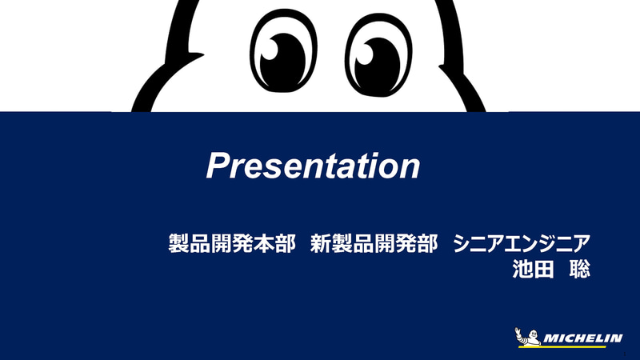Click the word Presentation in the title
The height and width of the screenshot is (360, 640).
coord(313,166)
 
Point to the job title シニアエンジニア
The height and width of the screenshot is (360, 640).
coord(522,243)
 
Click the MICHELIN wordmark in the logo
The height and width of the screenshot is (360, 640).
coord(582,338)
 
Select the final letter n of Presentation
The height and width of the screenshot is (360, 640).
coord(409,168)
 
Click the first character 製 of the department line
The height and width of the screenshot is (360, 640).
coord(178,243)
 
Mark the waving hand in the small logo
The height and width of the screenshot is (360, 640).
coord(518,330)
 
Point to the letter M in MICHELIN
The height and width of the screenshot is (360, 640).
coord(550,338)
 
